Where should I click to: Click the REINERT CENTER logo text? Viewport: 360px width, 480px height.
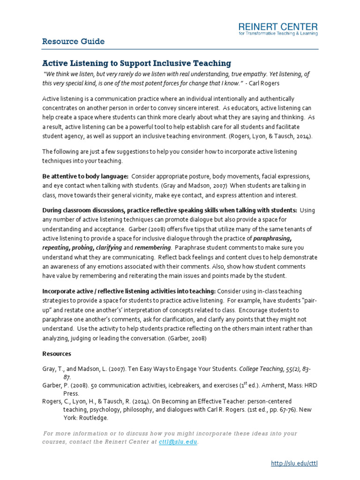(278, 26)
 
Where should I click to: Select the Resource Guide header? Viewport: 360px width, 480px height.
(73, 42)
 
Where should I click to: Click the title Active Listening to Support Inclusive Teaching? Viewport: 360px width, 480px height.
(137, 63)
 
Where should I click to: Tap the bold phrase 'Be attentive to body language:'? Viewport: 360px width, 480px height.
(85, 176)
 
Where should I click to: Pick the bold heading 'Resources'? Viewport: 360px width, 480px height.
(57, 353)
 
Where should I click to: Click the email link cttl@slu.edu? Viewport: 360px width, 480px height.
(178, 442)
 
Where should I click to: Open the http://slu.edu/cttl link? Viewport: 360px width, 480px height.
(294, 464)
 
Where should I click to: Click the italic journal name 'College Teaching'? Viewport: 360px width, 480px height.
(261, 369)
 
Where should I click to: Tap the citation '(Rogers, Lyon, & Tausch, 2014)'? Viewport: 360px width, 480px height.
(270, 136)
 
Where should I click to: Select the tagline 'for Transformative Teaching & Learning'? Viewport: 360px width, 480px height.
(278, 34)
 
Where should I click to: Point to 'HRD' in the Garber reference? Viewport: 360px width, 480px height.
(304, 385)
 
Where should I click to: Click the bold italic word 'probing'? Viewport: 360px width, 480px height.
(80, 247)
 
